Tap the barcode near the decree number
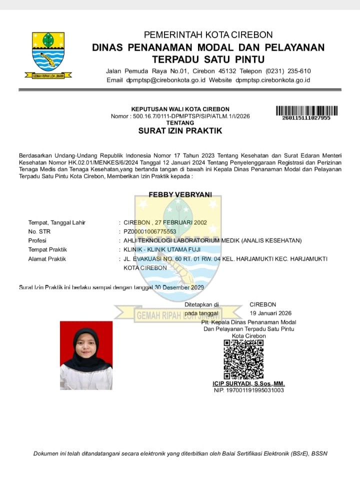[306, 110]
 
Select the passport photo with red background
[86, 355]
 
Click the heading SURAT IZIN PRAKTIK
[180, 131]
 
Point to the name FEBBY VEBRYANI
[180, 194]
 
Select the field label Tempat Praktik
[47, 249]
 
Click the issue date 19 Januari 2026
[270, 313]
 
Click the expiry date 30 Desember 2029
[179, 287]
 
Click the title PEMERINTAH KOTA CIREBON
[208, 35]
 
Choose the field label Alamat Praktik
[47, 259]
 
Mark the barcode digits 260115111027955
[306, 118]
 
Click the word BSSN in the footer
[319, 453]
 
